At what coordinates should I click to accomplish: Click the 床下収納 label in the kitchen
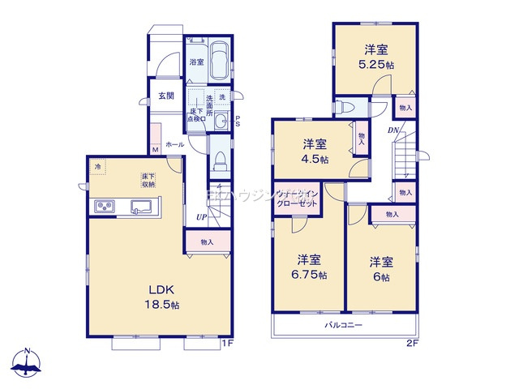148,179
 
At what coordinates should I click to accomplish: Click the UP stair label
200,217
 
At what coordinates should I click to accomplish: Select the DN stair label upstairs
392,131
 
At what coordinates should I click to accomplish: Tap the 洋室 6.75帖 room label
311,267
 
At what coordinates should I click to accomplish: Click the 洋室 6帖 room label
380,268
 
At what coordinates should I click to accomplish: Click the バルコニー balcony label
344,324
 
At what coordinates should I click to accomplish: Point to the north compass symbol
27,362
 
